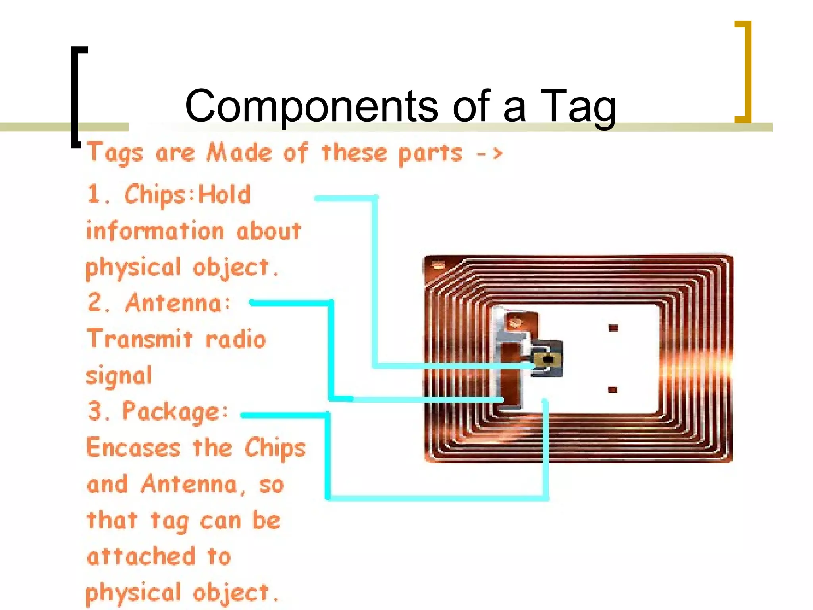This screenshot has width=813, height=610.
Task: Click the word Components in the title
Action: [x=312, y=106]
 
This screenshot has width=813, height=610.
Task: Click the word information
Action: [x=155, y=231]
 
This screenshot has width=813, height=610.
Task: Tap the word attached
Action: [x=141, y=556]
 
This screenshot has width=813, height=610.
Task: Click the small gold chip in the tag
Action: [x=547, y=360]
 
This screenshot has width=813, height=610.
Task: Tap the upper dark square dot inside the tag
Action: [x=613, y=328]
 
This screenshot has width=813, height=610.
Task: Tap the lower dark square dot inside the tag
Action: [x=613, y=390]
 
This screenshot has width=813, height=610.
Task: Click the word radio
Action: [x=235, y=340]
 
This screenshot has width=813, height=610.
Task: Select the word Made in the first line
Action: [x=239, y=153]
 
